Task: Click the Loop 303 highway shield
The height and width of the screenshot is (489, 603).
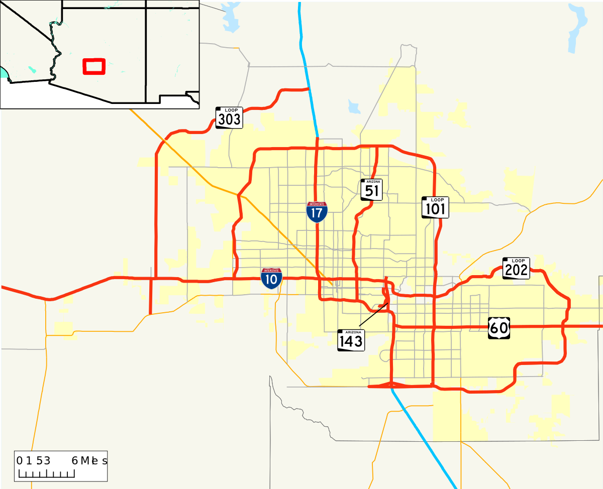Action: (229, 117)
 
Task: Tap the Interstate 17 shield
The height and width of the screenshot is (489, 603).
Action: (317, 212)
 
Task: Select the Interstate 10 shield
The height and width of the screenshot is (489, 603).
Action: (271, 278)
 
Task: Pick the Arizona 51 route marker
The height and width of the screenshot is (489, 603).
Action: (371, 189)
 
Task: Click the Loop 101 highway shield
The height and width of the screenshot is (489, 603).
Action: (435, 207)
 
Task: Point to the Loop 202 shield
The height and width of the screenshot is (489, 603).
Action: (516, 268)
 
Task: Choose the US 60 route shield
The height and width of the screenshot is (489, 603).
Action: (499, 328)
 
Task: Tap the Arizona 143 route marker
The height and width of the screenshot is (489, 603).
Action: (351, 340)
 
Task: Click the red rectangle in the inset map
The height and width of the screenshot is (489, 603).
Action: (94, 66)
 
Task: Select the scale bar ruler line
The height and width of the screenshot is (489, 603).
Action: (46, 474)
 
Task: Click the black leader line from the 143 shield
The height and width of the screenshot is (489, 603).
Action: (373, 314)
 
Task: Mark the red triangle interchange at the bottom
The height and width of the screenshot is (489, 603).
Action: (392, 385)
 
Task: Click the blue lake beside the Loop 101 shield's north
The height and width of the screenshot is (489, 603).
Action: (354, 106)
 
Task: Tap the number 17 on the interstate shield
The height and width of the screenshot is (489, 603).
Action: (317, 213)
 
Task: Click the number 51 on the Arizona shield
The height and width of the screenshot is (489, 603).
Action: (372, 191)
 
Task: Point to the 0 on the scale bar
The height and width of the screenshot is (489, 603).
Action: (20, 460)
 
